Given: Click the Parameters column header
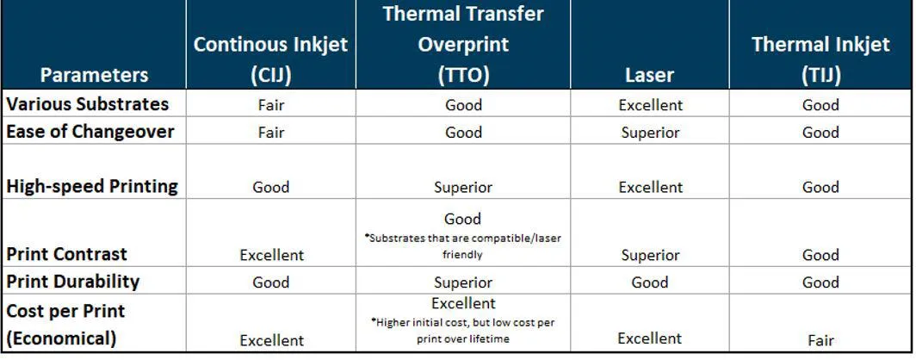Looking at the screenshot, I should (x=94, y=75).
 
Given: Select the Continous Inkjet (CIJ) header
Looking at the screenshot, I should (x=271, y=59).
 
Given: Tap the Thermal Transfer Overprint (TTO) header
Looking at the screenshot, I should (x=464, y=44).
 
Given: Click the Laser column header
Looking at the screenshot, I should (x=649, y=75).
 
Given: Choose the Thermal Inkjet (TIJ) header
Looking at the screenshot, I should (x=820, y=59).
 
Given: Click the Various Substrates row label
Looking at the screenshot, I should (x=88, y=104).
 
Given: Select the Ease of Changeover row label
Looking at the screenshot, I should (x=90, y=132).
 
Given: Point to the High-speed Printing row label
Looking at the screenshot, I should (x=92, y=186).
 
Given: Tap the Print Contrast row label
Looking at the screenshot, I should (x=66, y=254).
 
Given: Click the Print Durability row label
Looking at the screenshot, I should (x=72, y=282).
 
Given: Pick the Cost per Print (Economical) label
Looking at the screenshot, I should (x=65, y=325).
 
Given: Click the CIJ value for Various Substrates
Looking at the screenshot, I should (x=271, y=105).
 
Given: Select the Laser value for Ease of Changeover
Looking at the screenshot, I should (x=650, y=133).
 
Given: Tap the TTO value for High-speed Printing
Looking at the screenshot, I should (x=463, y=187).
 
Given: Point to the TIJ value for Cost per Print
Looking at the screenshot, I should (x=820, y=340).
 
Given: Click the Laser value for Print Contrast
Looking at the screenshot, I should (x=650, y=255).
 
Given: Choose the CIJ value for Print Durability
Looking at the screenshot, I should (x=271, y=282).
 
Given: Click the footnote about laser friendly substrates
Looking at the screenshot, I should (x=463, y=246).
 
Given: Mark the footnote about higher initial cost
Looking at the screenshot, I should (x=463, y=330).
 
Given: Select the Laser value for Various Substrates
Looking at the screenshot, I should (x=650, y=105).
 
